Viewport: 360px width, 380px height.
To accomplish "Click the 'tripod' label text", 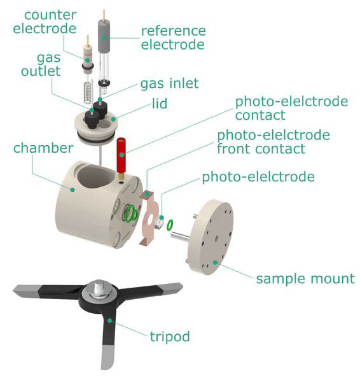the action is point(170,337).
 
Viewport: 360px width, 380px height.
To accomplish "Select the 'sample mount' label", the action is point(305,278).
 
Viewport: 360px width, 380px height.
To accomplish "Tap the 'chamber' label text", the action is point(43,148).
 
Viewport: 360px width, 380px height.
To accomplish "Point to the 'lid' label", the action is point(160,104).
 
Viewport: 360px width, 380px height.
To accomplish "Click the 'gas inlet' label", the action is point(169,83).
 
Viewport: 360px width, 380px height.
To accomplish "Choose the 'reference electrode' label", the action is point(174,38).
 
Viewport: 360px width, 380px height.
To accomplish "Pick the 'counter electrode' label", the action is point(45,22).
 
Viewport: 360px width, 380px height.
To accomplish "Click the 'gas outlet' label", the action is point(41,64).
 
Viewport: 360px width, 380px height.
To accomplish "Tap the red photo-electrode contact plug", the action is point(121,155).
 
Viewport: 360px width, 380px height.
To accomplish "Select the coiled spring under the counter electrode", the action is point(88,91).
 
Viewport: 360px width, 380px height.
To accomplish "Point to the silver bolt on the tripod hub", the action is point(99,288).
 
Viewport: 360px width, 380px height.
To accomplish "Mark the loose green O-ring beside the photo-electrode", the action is point(170,225).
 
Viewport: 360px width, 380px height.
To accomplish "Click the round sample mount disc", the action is point(211,237).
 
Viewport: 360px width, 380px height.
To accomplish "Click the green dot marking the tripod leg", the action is point(109,321).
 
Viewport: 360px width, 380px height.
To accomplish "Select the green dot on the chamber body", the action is point(72,190).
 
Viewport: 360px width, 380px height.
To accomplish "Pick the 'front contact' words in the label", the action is point(261,148).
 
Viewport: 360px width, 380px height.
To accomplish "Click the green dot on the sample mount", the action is point(215,262).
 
